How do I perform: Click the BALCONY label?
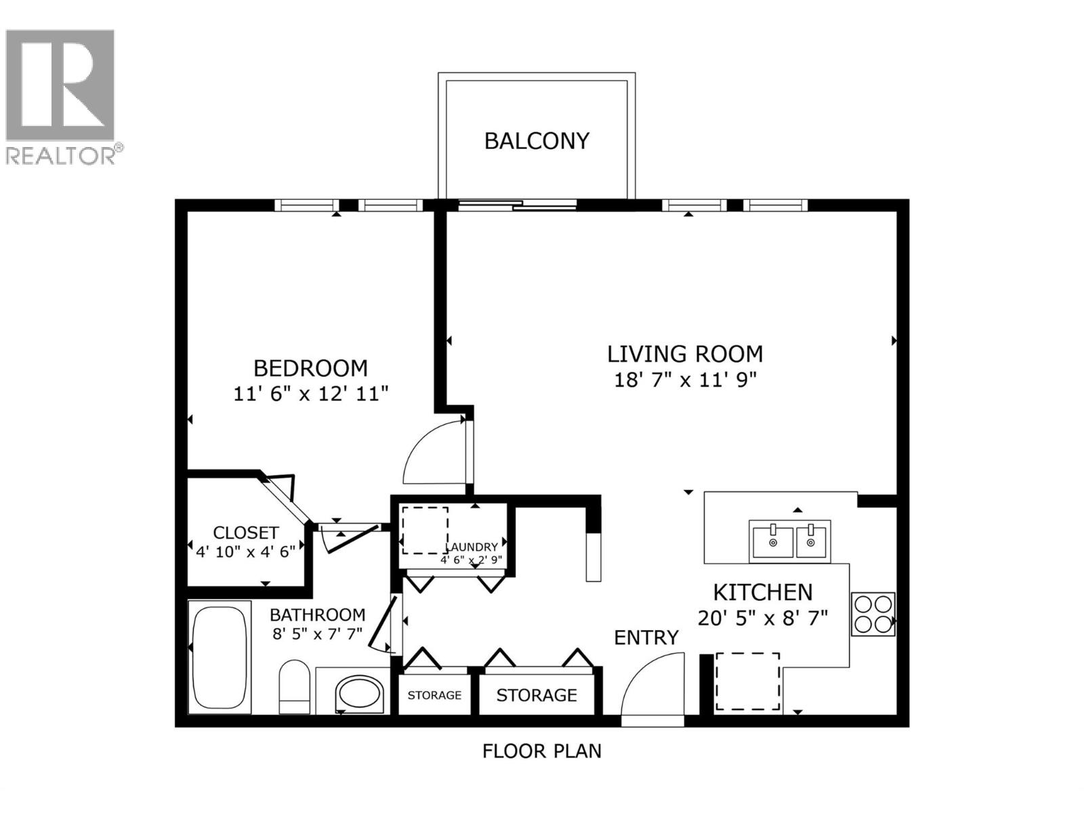pyautogui.click(x=537, y=141)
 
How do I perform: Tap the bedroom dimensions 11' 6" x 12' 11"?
pyautogui.click(x=311, y=394)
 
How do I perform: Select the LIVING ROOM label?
pyautogui.click(x=685, y=354)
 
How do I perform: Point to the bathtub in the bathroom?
pyautogui.click(x=219, y=656)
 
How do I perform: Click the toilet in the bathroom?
pyautogui.click(x=295, y=686)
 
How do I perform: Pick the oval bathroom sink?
pyautogui.click(x=360, y=693)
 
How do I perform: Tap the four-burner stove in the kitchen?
pyautogui.click(x=873, y=614)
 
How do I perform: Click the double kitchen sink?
pyautogui.click(x=790, y=541)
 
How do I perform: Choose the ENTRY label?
pyautogui.click(x=646, y=638)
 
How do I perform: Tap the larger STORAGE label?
pyautogui.click(x=537, y=695)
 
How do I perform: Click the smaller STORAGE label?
pyautogui.click(x=434, y=695)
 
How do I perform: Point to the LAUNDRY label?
pyautogui.click(x=472, y=547)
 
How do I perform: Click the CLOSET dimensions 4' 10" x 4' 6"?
pyautogui.click(x=245, y=551)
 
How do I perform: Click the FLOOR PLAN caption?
pyautogui.click(x=541, y=751)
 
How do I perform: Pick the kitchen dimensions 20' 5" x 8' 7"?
pyautogui.click(x=763, y=618)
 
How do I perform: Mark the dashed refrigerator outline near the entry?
pyautogui.click(x=748, y=681)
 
